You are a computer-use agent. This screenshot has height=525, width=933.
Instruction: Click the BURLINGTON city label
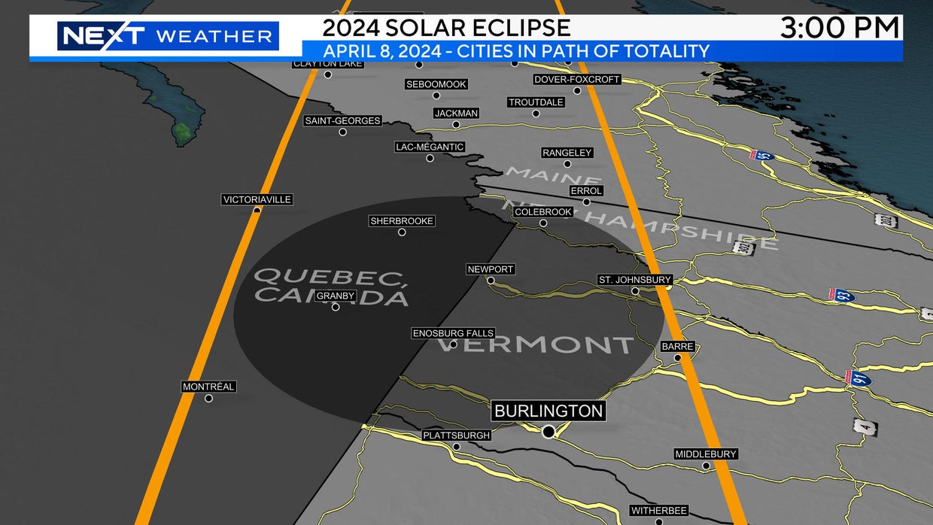(x=549, y=411)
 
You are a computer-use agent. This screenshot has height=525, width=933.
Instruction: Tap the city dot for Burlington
(x=549, y=431)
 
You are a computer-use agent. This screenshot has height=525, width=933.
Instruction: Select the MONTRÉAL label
(x=208, y=387)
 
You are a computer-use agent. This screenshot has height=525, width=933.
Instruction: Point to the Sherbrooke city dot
(x=402, y=232)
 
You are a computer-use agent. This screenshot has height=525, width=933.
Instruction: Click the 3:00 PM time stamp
(x=840, y=28)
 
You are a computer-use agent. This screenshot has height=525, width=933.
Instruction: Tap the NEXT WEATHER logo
(x=167, y=35)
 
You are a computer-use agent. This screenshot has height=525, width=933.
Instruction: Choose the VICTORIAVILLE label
(x=257, y=199)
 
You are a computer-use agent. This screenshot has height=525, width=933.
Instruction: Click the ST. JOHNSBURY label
(x=634, y=280)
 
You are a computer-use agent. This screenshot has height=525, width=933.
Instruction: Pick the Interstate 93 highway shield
(x=841, y=294)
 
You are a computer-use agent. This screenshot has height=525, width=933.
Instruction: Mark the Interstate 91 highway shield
(x=861, y=379)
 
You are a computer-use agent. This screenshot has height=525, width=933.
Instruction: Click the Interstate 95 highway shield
(x=762, y=156)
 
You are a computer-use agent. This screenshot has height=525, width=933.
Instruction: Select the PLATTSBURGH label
(x=456, y=435)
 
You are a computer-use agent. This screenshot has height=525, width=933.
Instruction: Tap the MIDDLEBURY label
(x=706, y=454)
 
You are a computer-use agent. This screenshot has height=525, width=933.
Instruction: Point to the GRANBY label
(x=336, y=296)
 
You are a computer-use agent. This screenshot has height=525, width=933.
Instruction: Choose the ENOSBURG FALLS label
(x=453, y=333)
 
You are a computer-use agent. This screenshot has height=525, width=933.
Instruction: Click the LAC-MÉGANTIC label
(x=430, y=147)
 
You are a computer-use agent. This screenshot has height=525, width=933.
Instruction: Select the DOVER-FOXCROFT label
(x=577, y=79)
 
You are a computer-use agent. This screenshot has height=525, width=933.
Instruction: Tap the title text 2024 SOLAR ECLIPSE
(x=446, y=28)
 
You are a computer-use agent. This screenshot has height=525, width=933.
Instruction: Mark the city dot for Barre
(x=678, y=358)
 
